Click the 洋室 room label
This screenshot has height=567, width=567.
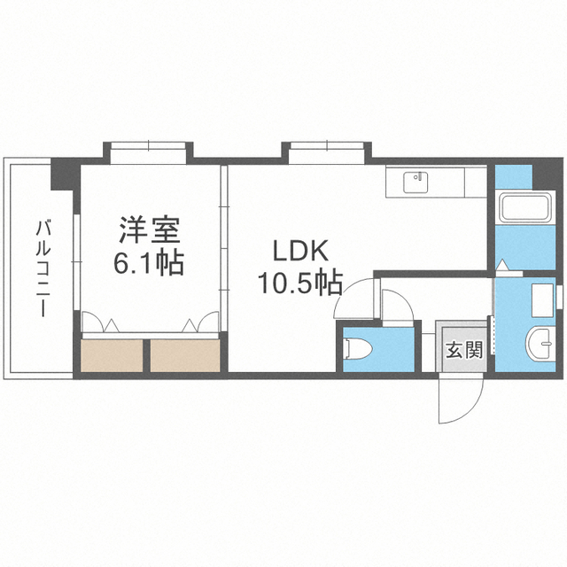(150, 231)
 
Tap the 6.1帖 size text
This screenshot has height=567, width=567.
(150, 262)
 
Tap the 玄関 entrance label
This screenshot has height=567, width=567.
(462, 349)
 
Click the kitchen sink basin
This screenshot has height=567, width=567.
(416, 183)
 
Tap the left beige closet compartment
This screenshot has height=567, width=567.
(113, 355)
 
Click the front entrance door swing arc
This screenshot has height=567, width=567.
(461, 401)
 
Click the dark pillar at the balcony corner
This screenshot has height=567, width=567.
(65, 174)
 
